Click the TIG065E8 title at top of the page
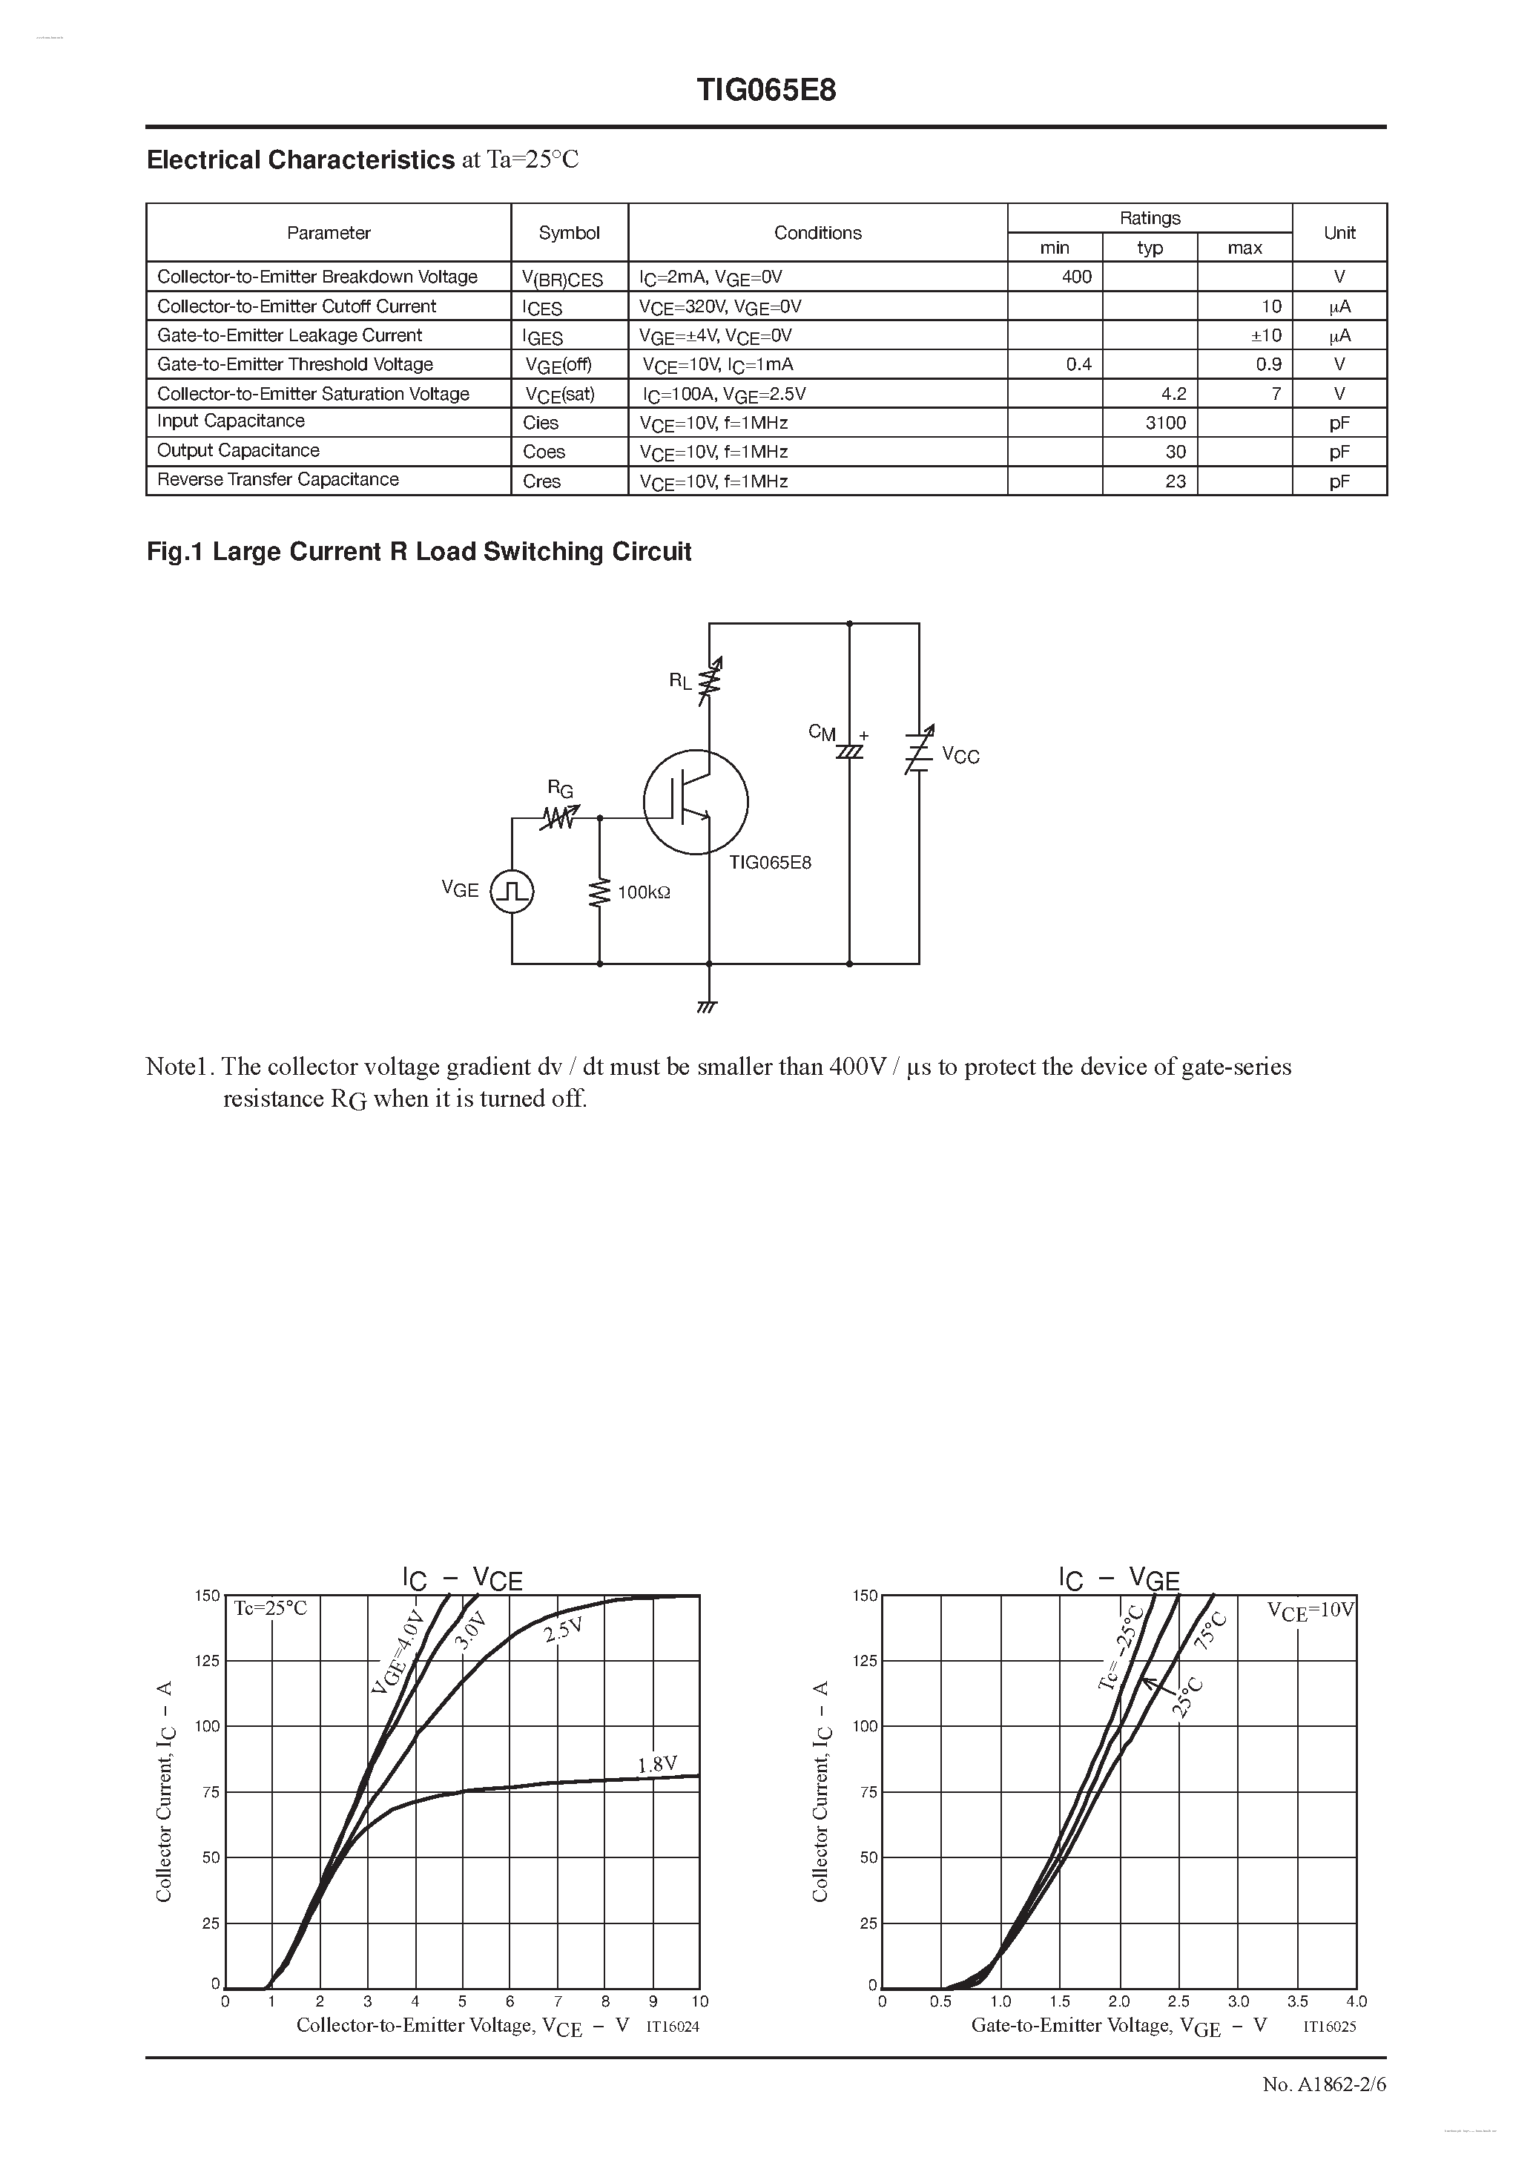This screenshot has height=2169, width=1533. pos(766,90)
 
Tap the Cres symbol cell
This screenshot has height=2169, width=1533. pos(542,481)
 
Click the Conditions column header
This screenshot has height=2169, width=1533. pos(817,232)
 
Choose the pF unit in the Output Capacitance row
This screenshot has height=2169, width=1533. pos(1339,452)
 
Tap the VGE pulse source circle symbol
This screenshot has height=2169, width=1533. pos(512,891)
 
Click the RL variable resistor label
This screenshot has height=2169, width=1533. pos(680,680)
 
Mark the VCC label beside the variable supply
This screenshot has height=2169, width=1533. pos(960,755)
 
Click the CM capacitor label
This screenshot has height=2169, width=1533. pos(822,732)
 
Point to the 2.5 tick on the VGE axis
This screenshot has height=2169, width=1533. pos(1178,2001)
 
